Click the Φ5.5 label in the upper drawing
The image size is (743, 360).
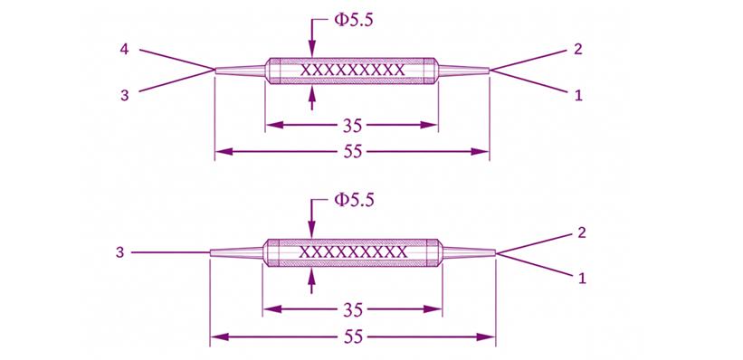click(348, 22)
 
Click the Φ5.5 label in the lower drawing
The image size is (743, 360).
click(354, 200)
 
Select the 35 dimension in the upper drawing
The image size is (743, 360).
click(352, 126)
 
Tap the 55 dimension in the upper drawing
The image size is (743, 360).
click(352, 152)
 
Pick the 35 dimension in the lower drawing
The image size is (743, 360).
click(353, 309)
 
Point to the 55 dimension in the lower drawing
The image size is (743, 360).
click(353, 336)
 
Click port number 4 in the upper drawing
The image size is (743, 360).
click(124, 49)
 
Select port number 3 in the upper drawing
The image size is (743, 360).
click(124, 95)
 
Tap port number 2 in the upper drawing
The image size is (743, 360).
click(578, 49)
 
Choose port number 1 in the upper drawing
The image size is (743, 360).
click(578, 96)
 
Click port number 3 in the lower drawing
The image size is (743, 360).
click(120, 252)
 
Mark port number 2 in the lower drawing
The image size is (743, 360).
click(582, 232)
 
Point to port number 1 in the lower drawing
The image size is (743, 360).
click(582, 279)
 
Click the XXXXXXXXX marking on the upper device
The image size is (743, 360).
click(353, 71)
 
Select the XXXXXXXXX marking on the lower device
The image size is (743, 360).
click(354, 251)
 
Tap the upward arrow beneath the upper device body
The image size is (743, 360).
click(312, 99)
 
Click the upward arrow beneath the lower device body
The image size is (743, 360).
click(311, 281)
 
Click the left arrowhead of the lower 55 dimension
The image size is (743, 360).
click(219, 336)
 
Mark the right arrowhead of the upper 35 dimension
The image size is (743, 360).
click(429, 125)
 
